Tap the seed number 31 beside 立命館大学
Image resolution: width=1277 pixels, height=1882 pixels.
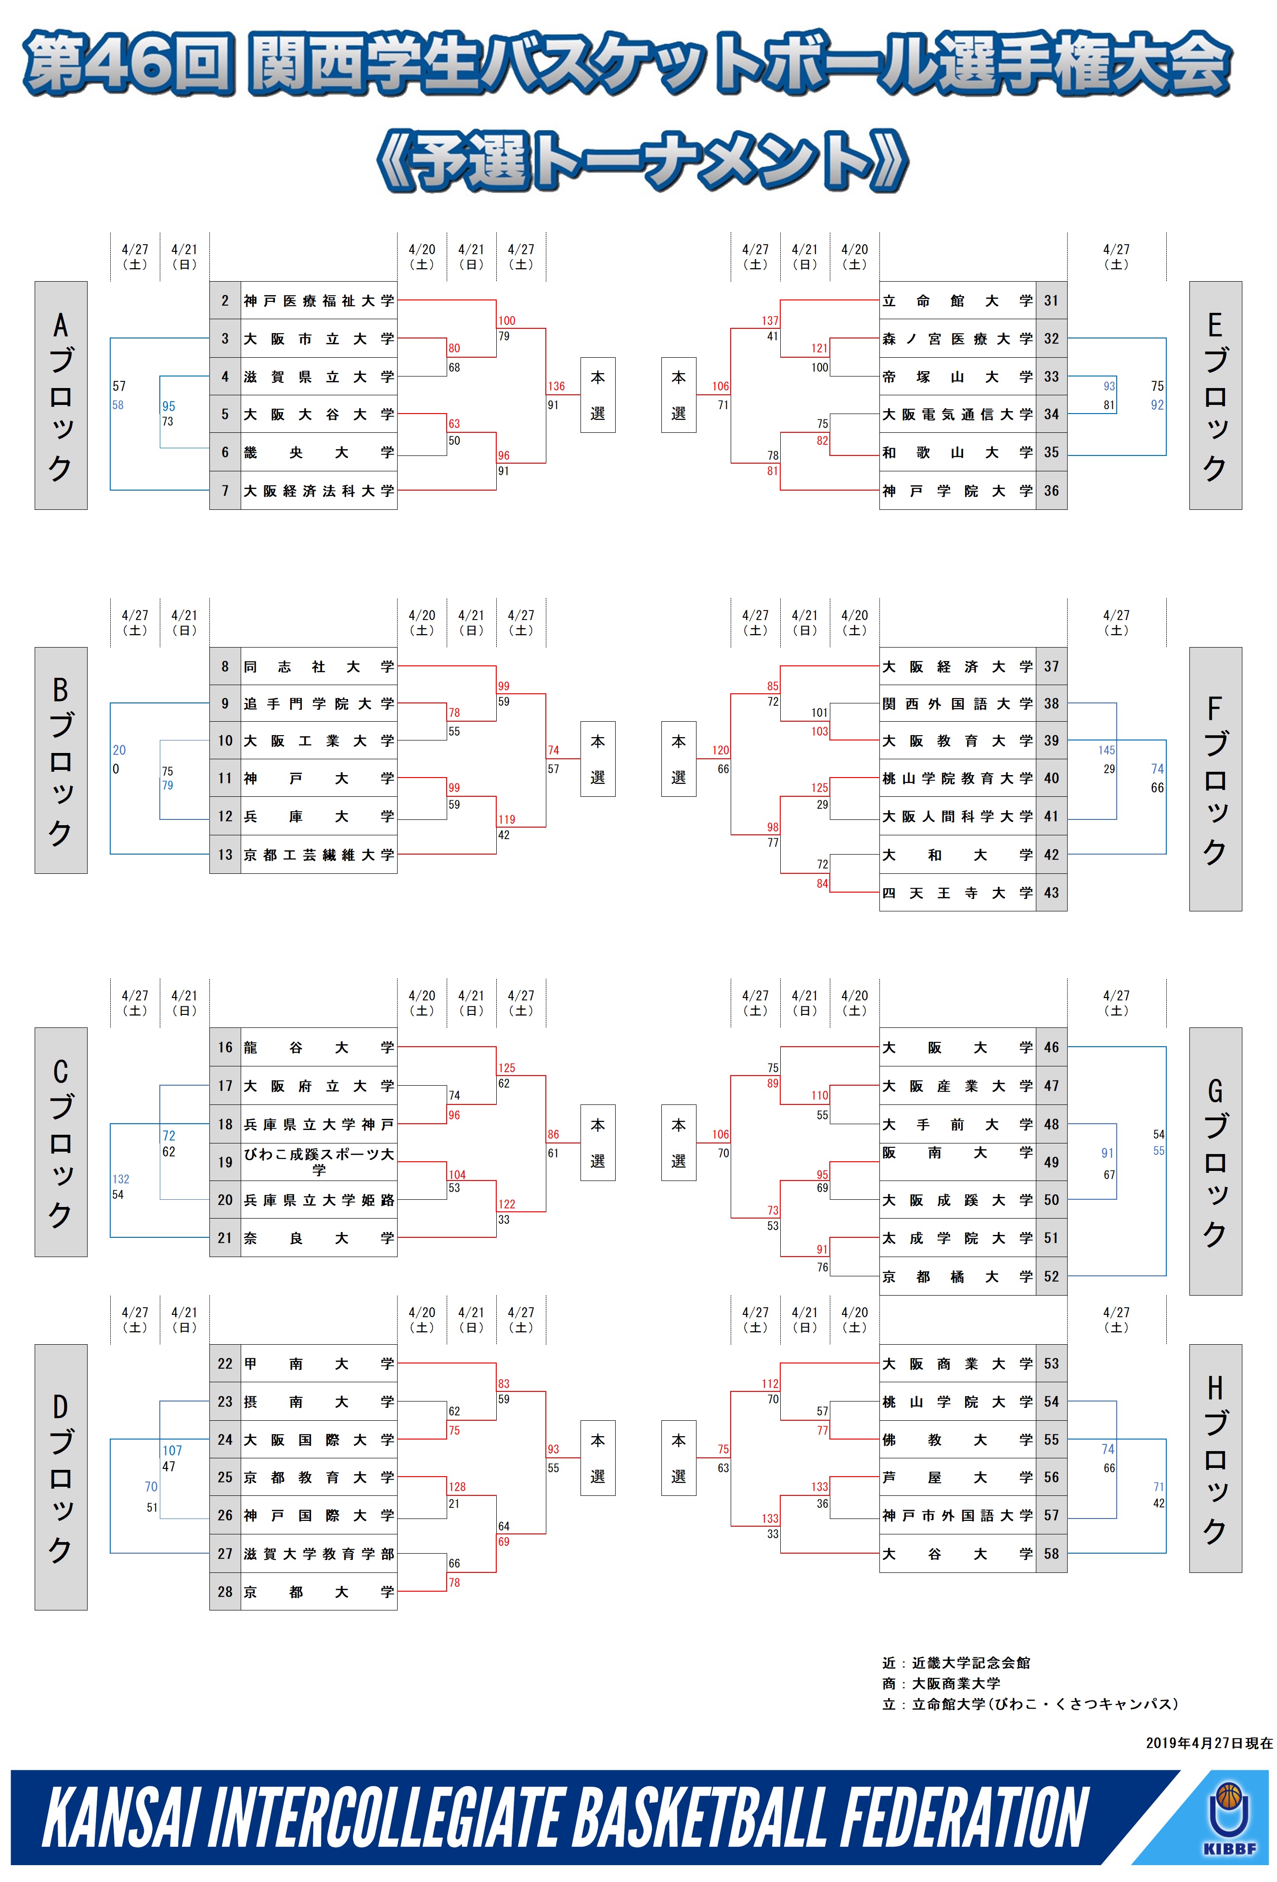coord(1051,300)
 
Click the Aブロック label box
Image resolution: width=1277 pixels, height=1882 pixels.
coord(61,395)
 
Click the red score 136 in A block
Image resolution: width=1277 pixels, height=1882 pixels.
coord(556,386)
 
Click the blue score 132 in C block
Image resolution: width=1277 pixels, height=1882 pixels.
coord(121,1179)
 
